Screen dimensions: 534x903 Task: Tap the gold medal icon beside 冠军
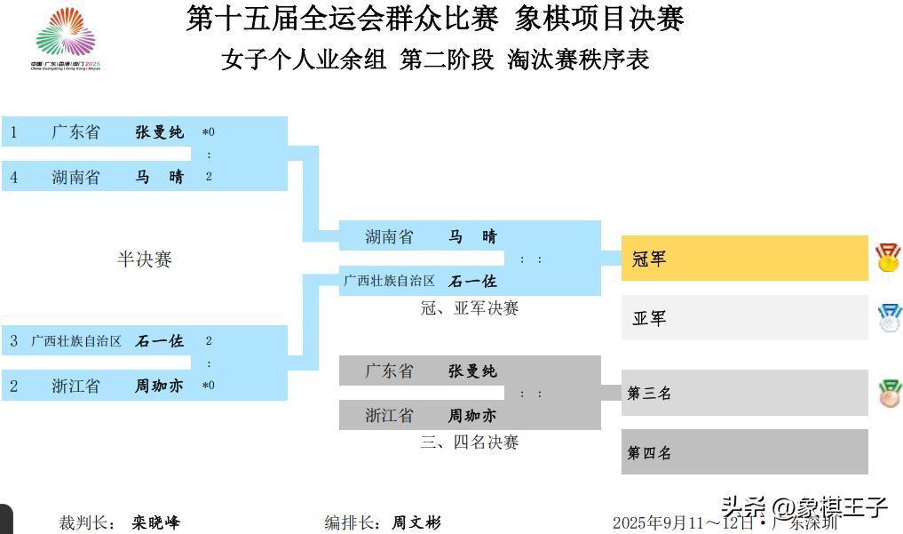(x=887, y=258)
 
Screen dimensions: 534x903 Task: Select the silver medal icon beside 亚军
(x=889, y=317)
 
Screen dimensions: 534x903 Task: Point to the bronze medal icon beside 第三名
(x=889, y=393)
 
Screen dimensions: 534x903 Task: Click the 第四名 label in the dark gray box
(x=650, y=453)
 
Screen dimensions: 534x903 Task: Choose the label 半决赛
(x=144, y=259)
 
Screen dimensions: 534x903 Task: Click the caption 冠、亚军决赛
(x=469, y=308)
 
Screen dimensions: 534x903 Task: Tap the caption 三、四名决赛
(x=469, y=442)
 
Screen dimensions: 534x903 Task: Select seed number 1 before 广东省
(x=14, y=132)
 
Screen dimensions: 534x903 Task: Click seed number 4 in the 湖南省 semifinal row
(x=14, y=177)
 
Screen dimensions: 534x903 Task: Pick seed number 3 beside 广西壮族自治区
(x=14, y=340)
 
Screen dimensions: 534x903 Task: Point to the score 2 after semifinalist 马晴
(x=209, y=177)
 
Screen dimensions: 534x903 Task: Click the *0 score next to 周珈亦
(x=209, y=386)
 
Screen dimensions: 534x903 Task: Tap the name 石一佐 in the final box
(x=472, y=281)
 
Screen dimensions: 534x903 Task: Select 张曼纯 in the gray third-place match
(x=472, y=371)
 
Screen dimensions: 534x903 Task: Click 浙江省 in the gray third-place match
(x=389, y=415)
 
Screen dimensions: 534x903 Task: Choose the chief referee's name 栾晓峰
(x=156, y=522)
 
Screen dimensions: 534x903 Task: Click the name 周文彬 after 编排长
(x=416, y=522)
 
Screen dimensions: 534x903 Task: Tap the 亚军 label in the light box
(x=649, y=318)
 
